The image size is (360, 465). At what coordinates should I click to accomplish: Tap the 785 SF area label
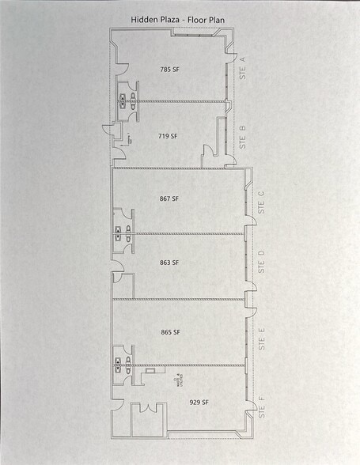point(169,70)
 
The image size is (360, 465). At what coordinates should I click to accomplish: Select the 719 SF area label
point(168,136)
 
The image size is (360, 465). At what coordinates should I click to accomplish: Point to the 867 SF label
point(169,199)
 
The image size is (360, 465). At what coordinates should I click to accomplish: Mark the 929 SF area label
point(199,403)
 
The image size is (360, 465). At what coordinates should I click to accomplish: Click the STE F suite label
point(261,410)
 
